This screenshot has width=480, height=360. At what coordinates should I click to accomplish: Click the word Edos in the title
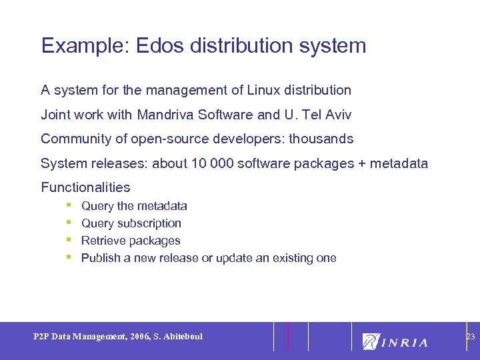click(155, 46)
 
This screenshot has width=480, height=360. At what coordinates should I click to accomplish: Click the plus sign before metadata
click(367, 163)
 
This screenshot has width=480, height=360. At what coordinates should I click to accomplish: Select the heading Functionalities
click(85, 187)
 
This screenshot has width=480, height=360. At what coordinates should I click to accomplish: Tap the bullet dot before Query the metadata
click(69, 205)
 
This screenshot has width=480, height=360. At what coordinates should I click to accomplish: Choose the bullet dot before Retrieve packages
click(69, 239)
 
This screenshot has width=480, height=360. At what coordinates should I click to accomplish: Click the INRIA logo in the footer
click(395, 342)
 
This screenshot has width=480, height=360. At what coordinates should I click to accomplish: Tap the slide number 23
click(470, 337)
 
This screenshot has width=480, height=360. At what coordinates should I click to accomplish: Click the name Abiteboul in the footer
click(181, 337)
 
